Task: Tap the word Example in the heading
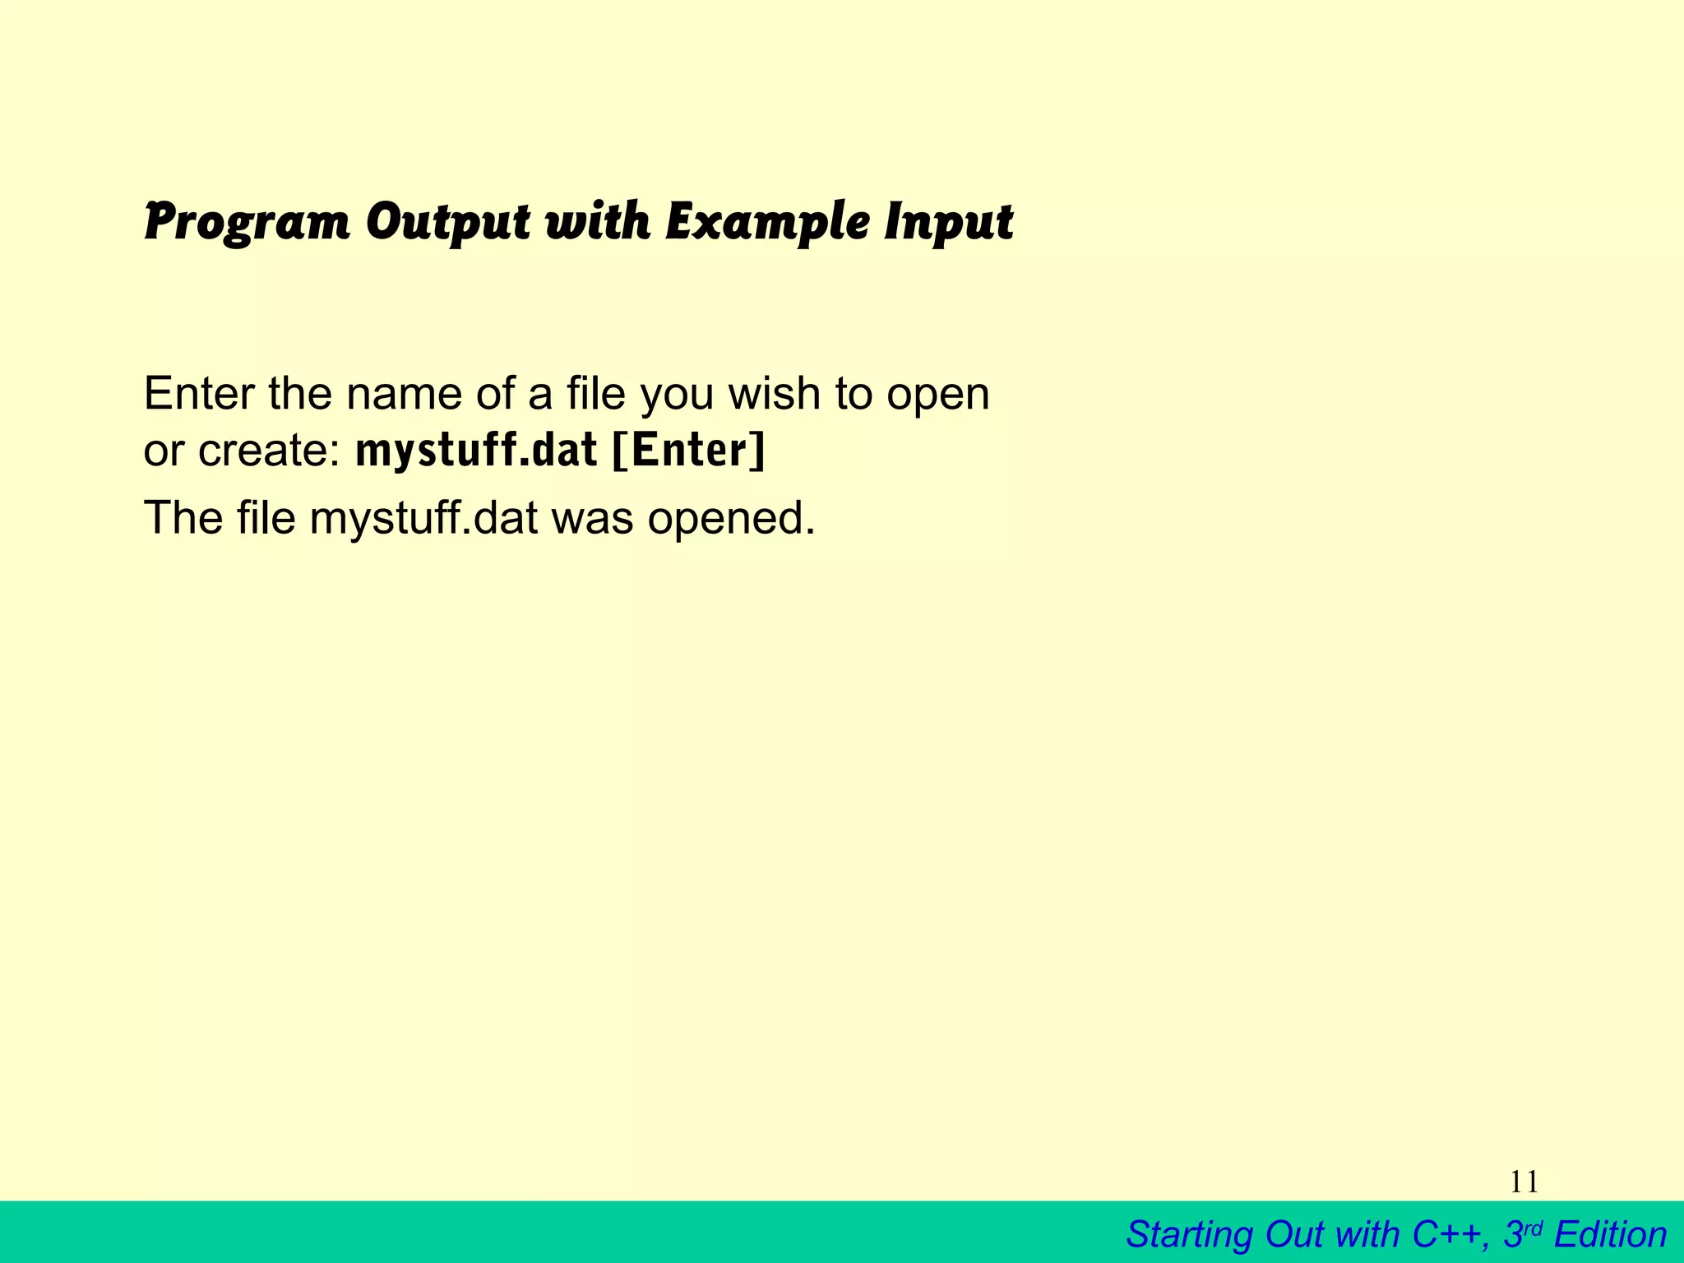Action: [x=766, y=222]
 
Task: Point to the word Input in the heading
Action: [x=948, y=222]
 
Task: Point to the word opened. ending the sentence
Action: [x=731, y=519]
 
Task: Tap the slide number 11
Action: [x=1524, y=1182]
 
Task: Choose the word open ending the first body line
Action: [x=937, y=396]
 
